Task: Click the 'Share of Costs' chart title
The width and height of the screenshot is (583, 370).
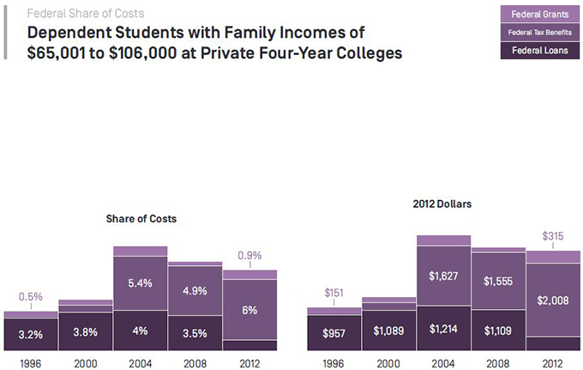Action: (141, 220)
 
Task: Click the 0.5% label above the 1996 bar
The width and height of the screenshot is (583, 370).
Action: (31, 297)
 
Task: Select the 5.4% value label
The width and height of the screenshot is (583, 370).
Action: (140, 281)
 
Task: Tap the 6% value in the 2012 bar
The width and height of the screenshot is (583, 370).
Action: (249, 311)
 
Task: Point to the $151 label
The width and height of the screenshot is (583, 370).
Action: (334, 294)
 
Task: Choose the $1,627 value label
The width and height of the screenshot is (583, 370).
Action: (443, 276)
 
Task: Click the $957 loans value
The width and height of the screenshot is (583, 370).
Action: (334, 332)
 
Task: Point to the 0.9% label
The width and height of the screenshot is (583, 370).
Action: (249, 256)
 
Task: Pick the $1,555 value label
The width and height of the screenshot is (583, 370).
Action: (498, 281)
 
